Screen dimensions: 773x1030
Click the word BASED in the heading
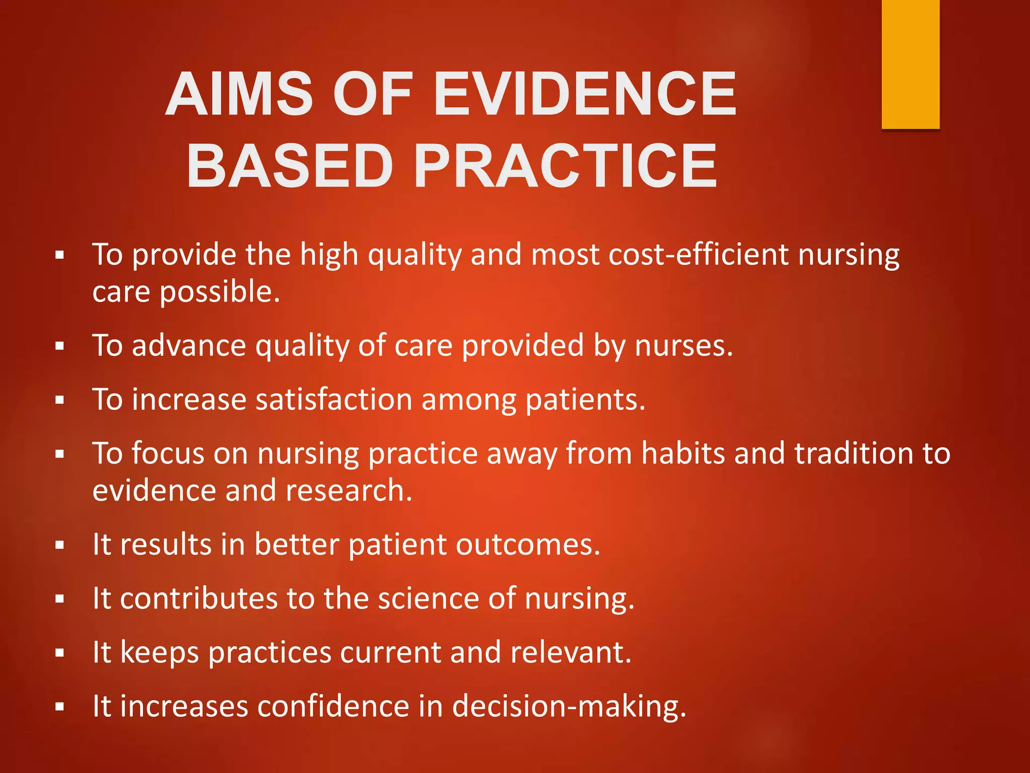click(x=290, y=166)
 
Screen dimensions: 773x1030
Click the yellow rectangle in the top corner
click(x=910, y=64)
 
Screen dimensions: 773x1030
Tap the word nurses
click(x=683, y=346)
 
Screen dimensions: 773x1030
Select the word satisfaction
click(x=334, y=400)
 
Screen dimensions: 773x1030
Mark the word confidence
click(x=333, y=707)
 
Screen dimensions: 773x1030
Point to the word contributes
click(x=199, y=599)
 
